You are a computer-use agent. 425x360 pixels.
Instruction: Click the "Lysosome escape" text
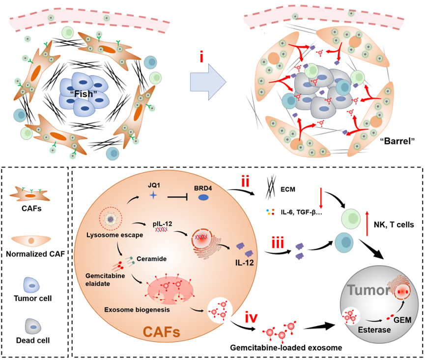click(x=115, y=235)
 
